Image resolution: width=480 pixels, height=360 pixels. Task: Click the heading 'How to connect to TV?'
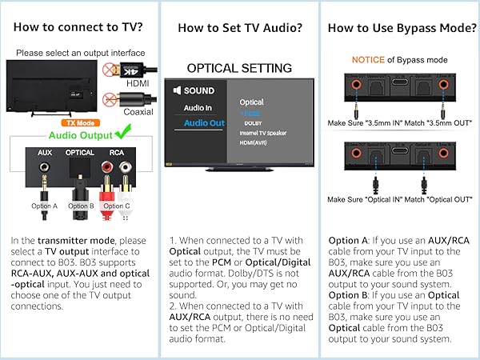tap(78, 28)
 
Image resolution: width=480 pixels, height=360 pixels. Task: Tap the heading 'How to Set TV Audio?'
tap(240, 28)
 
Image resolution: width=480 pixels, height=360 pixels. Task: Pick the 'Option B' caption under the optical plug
tap(80, 206)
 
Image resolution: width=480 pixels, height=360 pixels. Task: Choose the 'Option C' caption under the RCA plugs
tap(116, 206)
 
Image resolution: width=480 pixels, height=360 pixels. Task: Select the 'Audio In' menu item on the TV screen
tap(198, 106)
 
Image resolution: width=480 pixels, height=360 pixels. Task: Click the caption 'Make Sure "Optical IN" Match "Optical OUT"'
tap(400, 200)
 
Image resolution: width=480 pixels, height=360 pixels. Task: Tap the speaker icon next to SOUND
tap(177, 90)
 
